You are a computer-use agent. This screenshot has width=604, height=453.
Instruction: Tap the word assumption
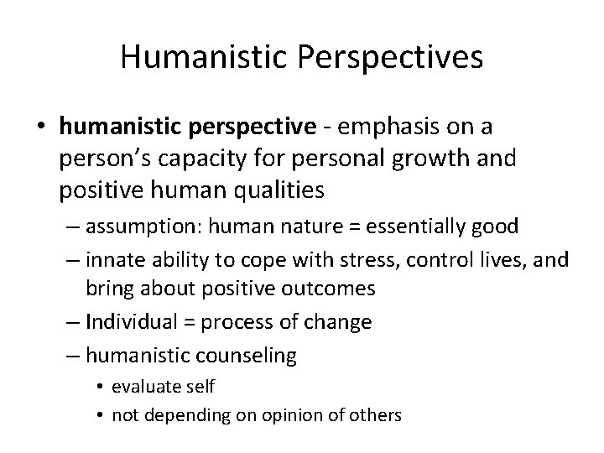tap(135, 226)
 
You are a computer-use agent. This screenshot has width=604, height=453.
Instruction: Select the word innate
tap(114, 258)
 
